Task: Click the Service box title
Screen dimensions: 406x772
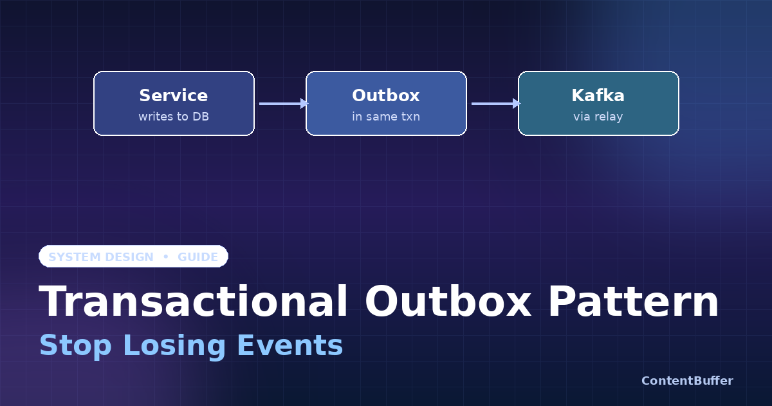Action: tap(174, 96)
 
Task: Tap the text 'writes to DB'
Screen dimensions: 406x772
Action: tap(174, 117)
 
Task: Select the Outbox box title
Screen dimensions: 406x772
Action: tap(386, 96)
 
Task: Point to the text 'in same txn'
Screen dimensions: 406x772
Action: tap(386, 117)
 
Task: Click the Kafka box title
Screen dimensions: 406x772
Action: tap(598, 96)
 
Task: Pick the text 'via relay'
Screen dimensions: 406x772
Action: tap(598, 117)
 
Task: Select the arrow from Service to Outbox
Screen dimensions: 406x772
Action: tap(283, 103)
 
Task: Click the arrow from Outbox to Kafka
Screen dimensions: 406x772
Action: tap(495, 103)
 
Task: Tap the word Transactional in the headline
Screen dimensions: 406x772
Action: tap(194, 302)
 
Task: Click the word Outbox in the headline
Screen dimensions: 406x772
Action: tap(448, 302)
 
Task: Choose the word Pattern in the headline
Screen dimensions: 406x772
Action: tap(633, 302)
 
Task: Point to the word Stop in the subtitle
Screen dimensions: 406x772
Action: tap(75, 345)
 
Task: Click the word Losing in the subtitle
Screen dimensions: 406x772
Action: tap(174, 345)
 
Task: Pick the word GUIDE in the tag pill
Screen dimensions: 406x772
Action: tap(198, 257)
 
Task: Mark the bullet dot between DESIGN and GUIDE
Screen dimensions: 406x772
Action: tap(166, 256)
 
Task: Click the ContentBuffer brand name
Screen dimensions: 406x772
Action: tap(687, 381)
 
